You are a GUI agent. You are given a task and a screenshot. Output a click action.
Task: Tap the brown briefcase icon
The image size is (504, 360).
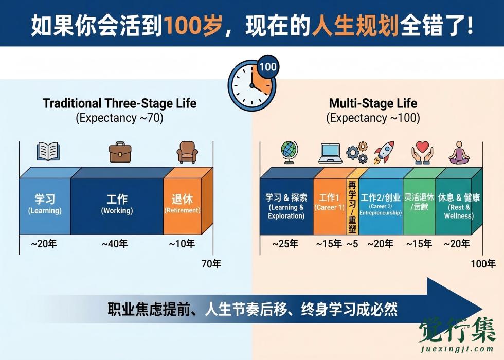[121, 152]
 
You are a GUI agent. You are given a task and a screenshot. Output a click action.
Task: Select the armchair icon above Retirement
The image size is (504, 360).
[187, 152]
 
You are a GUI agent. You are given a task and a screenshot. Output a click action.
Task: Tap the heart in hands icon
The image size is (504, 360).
[423, 153]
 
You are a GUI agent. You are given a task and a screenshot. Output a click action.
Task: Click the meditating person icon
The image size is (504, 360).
[459, 153]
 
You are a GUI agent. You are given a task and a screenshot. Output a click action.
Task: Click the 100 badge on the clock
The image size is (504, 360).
[267, 67]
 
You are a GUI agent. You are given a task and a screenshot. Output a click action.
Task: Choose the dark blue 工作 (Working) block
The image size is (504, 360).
[117, 205]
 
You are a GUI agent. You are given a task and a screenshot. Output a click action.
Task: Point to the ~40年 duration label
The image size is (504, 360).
[114, 244]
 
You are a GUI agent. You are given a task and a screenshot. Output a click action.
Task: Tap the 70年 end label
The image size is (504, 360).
[211, 264]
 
